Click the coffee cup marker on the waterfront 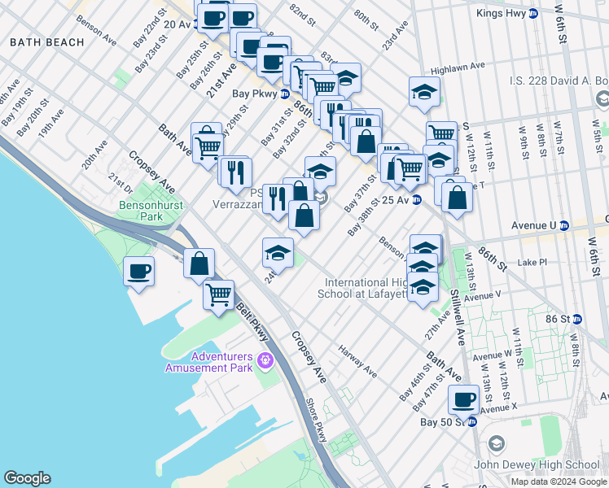pos(138,271)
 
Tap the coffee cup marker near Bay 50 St pos(463,399)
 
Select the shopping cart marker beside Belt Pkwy pos(219,294)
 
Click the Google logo pos(27,478)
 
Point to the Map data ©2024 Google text pos(559,481)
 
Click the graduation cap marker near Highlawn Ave pos(424,94)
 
